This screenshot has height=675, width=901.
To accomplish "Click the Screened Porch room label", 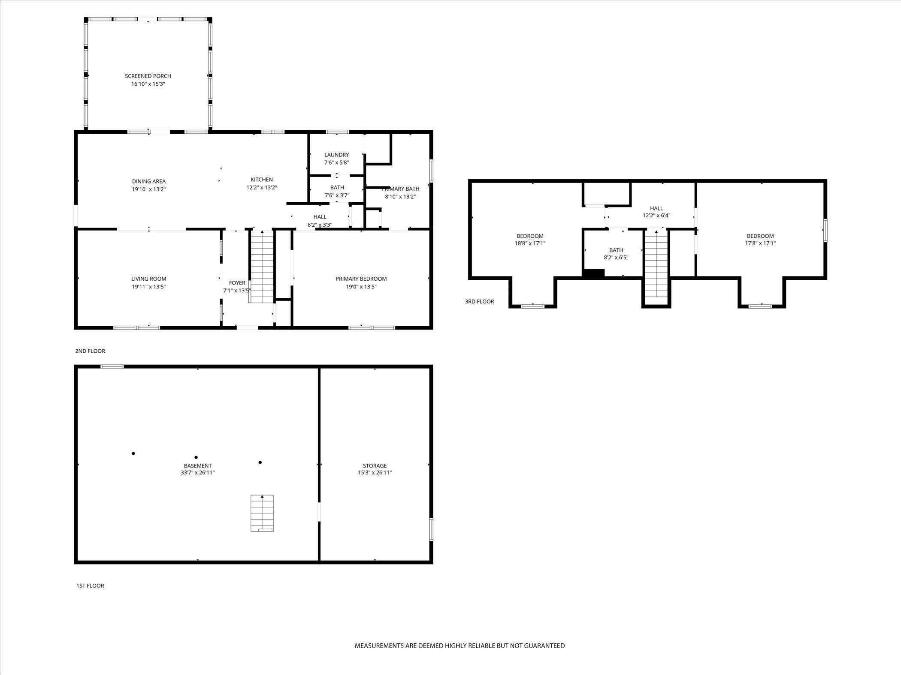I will (x=148, y=76).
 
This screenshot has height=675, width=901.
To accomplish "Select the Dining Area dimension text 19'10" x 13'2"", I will (x=148, y=189).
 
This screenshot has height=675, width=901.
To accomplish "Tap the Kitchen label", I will (x=262, y=180).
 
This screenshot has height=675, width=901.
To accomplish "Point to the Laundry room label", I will (x=336, y=155).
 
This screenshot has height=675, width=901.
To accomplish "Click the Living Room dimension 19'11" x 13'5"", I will (x=148, y=287).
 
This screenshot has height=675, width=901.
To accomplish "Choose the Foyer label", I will (x=237, y=283).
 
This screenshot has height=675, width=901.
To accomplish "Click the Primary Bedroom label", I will (x=361, y=279).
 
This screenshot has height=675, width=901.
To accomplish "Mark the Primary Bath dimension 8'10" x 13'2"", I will (x=400, y=197).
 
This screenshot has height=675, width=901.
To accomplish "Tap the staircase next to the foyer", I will (x=262, y=266).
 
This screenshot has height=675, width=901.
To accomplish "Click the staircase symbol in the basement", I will (x=262, y=513).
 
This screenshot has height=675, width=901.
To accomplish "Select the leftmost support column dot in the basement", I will (x=133, y=453).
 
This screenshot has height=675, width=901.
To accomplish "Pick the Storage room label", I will (x=375, y=465).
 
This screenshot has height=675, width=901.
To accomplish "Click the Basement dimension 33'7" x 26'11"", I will (x=197, y=473).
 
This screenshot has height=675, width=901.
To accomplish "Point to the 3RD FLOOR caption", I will (x=479, y=302).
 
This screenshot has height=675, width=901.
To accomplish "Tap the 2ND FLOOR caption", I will (x=90, y=351).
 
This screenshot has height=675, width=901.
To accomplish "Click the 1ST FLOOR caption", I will (x=90, y=585).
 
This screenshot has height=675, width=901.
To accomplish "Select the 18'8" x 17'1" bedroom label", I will (x=530, y=236).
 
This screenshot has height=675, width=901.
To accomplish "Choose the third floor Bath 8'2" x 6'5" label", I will (x=616, y=250).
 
